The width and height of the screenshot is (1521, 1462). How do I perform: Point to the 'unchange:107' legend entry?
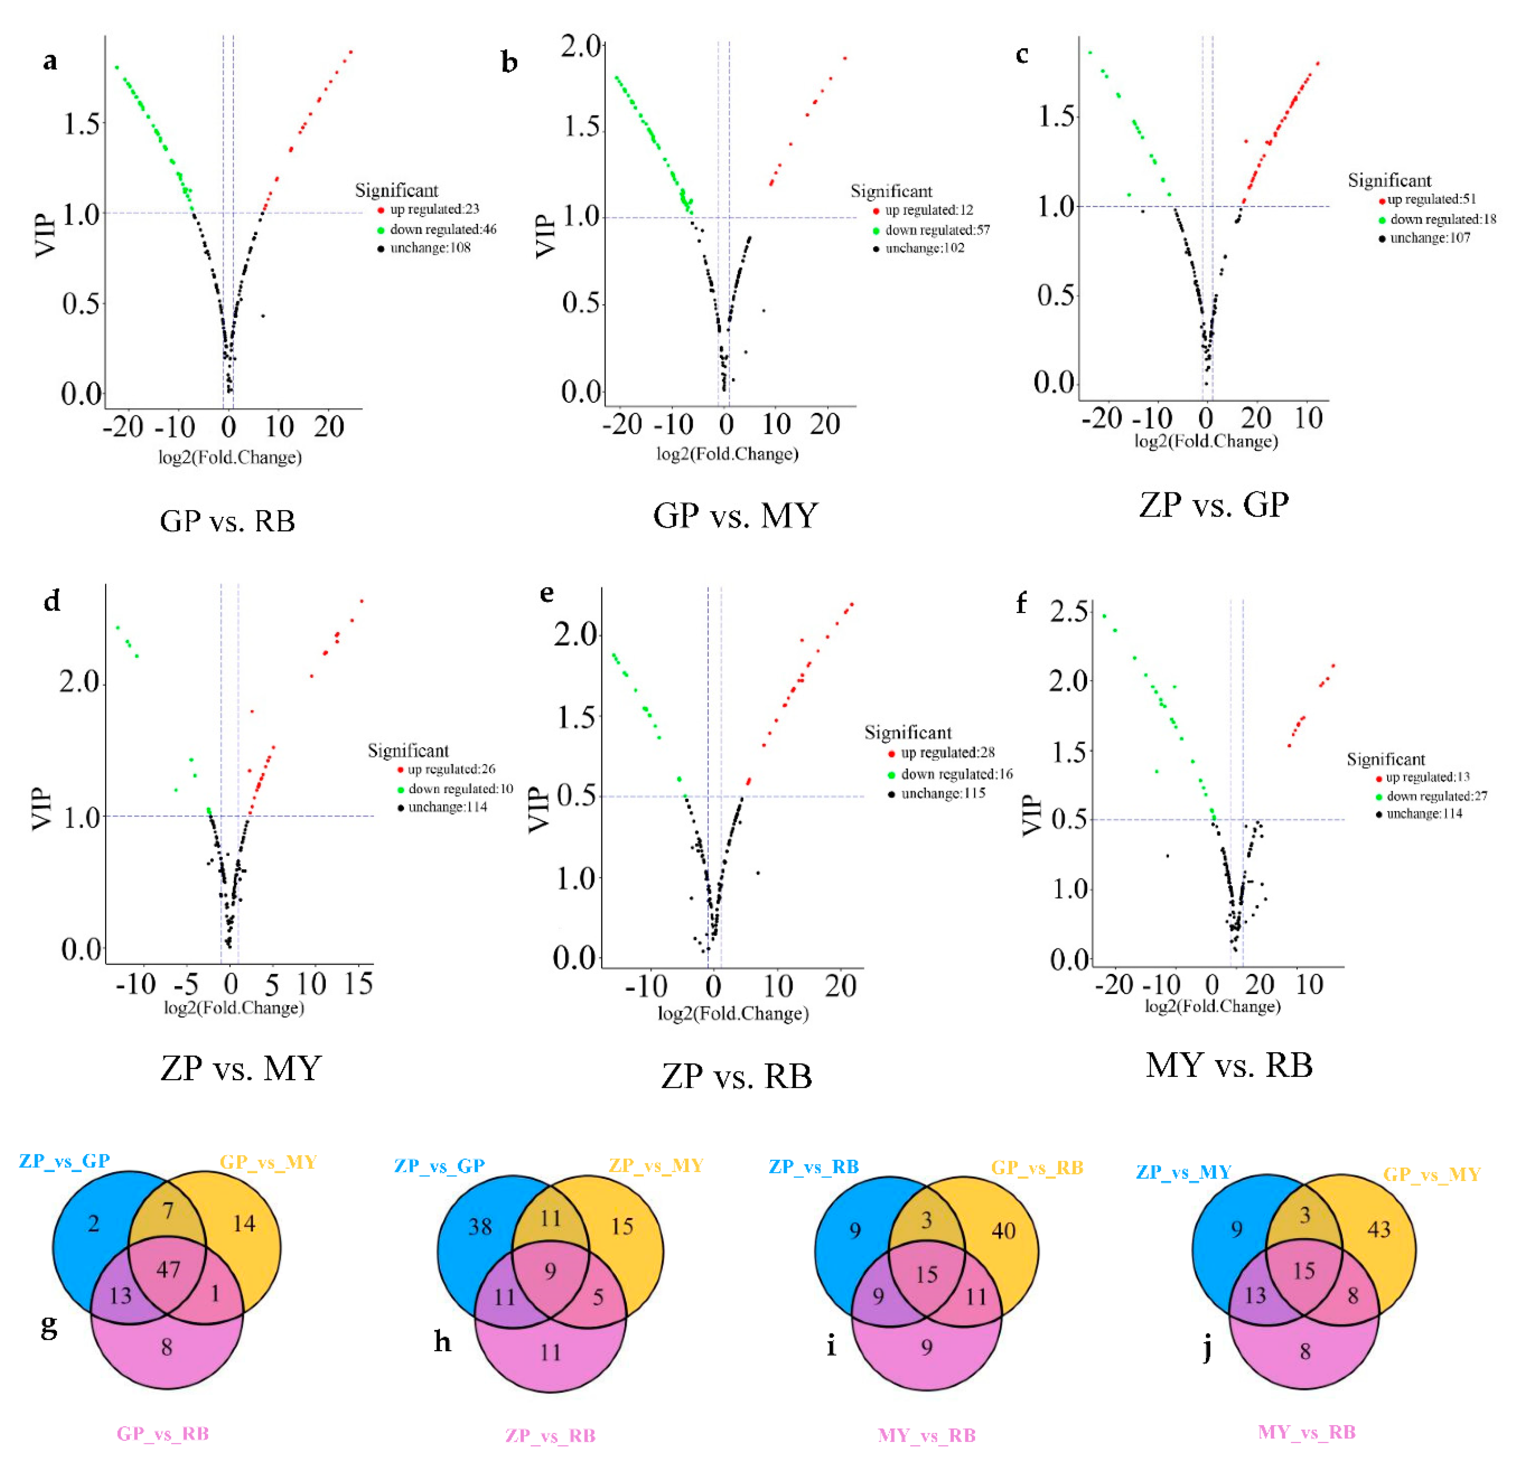pyautogui.click(x=1429, y=238)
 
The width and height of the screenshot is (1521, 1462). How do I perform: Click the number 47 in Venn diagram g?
pyautogui.click(x=168, y=1270)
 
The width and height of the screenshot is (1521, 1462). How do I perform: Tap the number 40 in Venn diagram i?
pyautogui.click(x=1003, y=1230)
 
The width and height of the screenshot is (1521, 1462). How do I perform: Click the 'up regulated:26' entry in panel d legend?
pyautogui.click(x=451, y=769)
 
